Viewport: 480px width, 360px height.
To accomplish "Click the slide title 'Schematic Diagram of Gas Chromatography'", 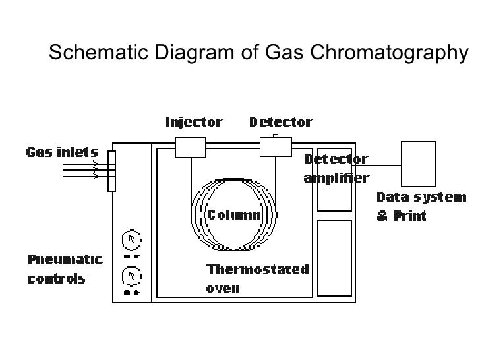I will pos(257,53).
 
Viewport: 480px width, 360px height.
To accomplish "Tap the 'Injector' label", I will pos(193,122).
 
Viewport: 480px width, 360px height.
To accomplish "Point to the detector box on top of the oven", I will pos(276,147).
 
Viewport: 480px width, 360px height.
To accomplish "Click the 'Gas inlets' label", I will pos(62,152).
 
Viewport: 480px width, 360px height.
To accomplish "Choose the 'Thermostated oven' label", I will pos(257,279).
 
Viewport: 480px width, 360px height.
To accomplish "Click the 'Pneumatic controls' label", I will pos(64,268).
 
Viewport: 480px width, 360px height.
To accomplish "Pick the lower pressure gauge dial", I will pos(131,274).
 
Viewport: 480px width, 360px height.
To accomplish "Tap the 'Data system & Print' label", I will pos(421,206).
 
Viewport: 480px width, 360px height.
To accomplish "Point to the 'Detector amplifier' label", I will pos(336,169).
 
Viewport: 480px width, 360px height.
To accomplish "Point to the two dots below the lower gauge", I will pos(131,291).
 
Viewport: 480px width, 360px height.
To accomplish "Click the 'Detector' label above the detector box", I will pos(280,122).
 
